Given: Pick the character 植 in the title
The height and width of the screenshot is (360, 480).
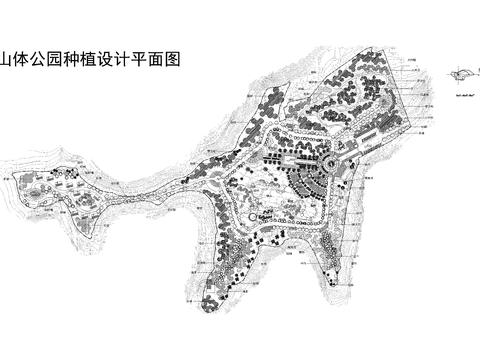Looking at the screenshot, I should click(92, 59).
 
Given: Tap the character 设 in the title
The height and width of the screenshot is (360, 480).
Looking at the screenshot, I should click(109, 59).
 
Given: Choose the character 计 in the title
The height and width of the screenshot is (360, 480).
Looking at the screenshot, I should click(126, 59).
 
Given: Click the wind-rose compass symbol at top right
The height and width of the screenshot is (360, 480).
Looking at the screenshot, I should click(464, 73).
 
